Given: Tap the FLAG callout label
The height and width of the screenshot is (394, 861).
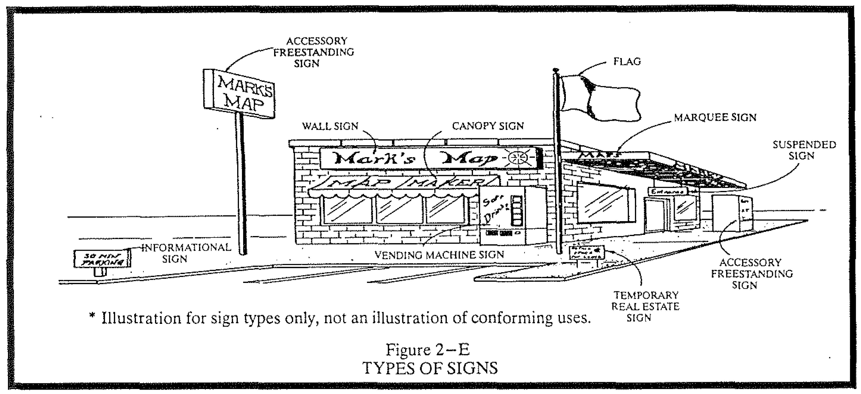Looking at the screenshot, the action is [x=627, y=62].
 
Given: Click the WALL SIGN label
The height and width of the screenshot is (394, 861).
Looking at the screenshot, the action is [x=330, y=126].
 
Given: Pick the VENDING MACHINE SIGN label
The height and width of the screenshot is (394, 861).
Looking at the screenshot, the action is [x=439, y=255].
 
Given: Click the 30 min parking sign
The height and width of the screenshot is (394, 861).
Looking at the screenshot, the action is [x=102, y=258].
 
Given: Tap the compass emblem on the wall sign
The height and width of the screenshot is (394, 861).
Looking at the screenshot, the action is [x=517, y=158].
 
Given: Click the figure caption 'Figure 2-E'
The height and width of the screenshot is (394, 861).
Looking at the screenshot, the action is [x=428, y=350].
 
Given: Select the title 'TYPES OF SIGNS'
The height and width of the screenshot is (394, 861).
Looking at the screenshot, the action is [x=430, y=368].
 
